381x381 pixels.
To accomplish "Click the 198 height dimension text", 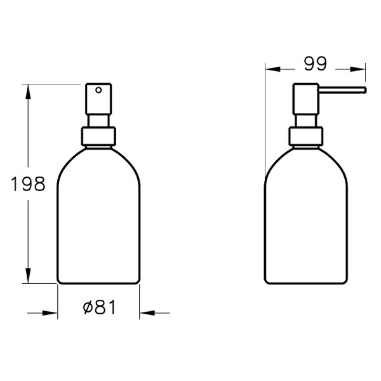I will [x=29, y=184].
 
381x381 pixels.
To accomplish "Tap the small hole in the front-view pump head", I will [x=98, y=91].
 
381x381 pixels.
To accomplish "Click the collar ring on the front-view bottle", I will [x=98, y=137].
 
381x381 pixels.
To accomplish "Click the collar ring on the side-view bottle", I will [x=305, y=137].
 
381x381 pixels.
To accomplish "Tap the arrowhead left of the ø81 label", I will [x=50, y=312].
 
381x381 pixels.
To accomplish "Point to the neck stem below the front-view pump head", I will [x=98, y=121].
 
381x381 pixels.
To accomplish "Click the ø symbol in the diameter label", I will [x=87, y=308].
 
